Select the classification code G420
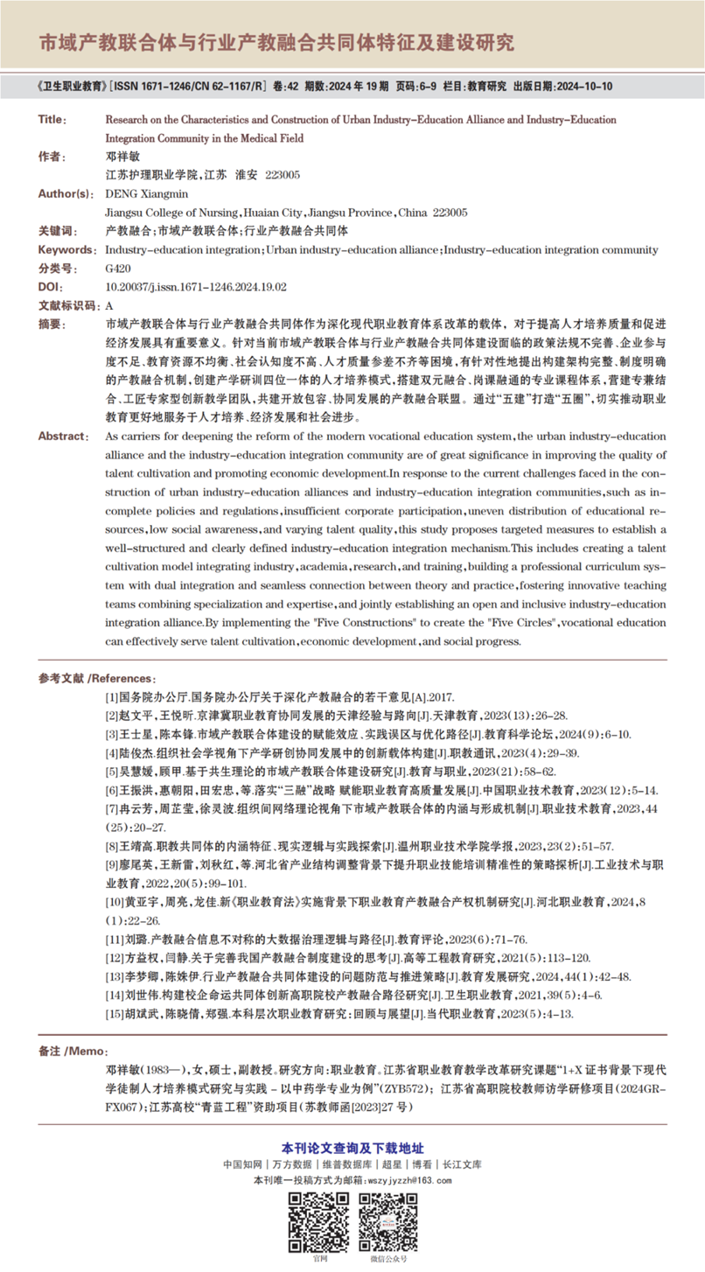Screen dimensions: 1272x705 tap(117, 269)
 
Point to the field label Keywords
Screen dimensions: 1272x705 tap(66, 250)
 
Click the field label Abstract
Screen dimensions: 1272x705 tap(64, 435)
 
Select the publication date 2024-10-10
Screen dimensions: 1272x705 tap(583, 87)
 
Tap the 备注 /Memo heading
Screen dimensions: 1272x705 tap(78, 1049)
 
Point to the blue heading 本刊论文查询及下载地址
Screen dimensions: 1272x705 tap(352, 1147)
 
